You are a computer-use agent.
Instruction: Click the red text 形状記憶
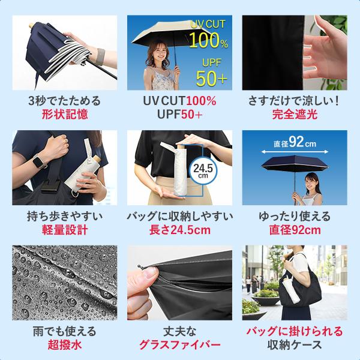[x=65, y=115]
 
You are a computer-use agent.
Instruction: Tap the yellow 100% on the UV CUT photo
[x=208, y=40]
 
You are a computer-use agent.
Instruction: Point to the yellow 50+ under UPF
[x=211, y=79]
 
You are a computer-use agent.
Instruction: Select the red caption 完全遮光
[x=295, y=115]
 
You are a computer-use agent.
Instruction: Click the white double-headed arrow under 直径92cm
[x=295, y=152]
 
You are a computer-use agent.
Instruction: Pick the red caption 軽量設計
[x=65, y=230]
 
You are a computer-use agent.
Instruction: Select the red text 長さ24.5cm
[x=180, y=230]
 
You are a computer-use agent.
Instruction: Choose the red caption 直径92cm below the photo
[x=295, y=230]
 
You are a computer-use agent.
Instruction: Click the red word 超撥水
[x=65, y=345]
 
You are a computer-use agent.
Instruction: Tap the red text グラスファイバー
[x=180, y=345]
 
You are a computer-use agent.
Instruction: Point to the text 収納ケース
[x=295, y=345]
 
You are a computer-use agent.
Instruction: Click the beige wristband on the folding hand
[x=100, y=57]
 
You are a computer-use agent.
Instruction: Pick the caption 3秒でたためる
[x=65, y=101]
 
